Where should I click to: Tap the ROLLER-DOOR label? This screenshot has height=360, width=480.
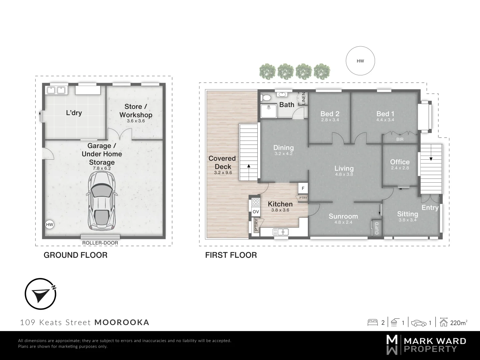tap(100, 243)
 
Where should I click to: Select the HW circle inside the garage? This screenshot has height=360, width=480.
tap(50, 225)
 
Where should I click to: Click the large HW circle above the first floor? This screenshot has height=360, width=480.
tap(360, 61)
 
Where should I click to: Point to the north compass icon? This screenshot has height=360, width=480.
tap(40, 294)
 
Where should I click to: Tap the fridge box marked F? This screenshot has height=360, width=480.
tap(303, 188)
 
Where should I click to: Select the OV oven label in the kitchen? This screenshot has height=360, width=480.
tap(256, 212)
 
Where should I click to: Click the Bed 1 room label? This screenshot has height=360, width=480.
tap(385, 114)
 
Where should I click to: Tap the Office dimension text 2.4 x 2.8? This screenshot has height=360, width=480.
tap(400, 168)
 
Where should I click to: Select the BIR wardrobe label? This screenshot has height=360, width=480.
tap(400, 139)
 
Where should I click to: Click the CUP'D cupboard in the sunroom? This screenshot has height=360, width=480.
tap(377, 228)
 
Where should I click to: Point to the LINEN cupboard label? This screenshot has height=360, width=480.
tap(303, 98)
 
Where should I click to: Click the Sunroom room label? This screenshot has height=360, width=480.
tap(343, 216)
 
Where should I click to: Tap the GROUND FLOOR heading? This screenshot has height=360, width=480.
tap(76, 255)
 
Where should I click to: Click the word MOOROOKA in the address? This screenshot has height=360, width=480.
tap(122, 322)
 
